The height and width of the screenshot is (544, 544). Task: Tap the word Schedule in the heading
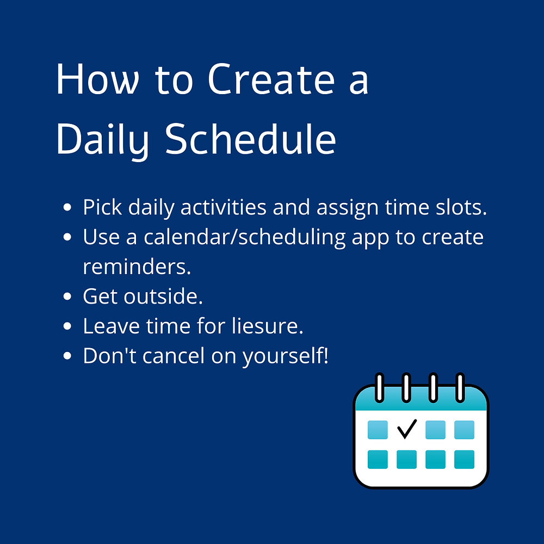(x=250, y=139)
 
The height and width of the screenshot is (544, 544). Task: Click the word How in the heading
(x=98, y=79)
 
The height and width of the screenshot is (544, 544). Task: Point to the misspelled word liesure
(x=268, y=326)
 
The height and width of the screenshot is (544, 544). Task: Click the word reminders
(x=137, y=267)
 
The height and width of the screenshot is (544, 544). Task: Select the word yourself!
(x=285, y=357)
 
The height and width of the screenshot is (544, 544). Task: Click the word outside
(x=163, y=296)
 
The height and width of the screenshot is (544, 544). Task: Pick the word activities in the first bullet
(x=224, y=207)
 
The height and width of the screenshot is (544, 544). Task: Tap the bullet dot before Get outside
(x=67, y=296)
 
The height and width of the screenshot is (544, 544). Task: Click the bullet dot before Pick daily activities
(x=67, y=207)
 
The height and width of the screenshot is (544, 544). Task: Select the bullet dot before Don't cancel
(x=67, y=356)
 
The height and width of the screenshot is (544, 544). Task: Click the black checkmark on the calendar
(x=406, y=429)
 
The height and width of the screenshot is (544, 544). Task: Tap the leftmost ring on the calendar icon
(x=380, y=387)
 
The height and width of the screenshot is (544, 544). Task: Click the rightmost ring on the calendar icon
(x=460, y=387)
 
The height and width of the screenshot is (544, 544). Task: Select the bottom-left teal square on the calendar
(x=378, y=459)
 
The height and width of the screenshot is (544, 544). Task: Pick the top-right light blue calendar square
(x=464, y=430)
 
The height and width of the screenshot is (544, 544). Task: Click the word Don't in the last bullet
(x=110, y=356)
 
